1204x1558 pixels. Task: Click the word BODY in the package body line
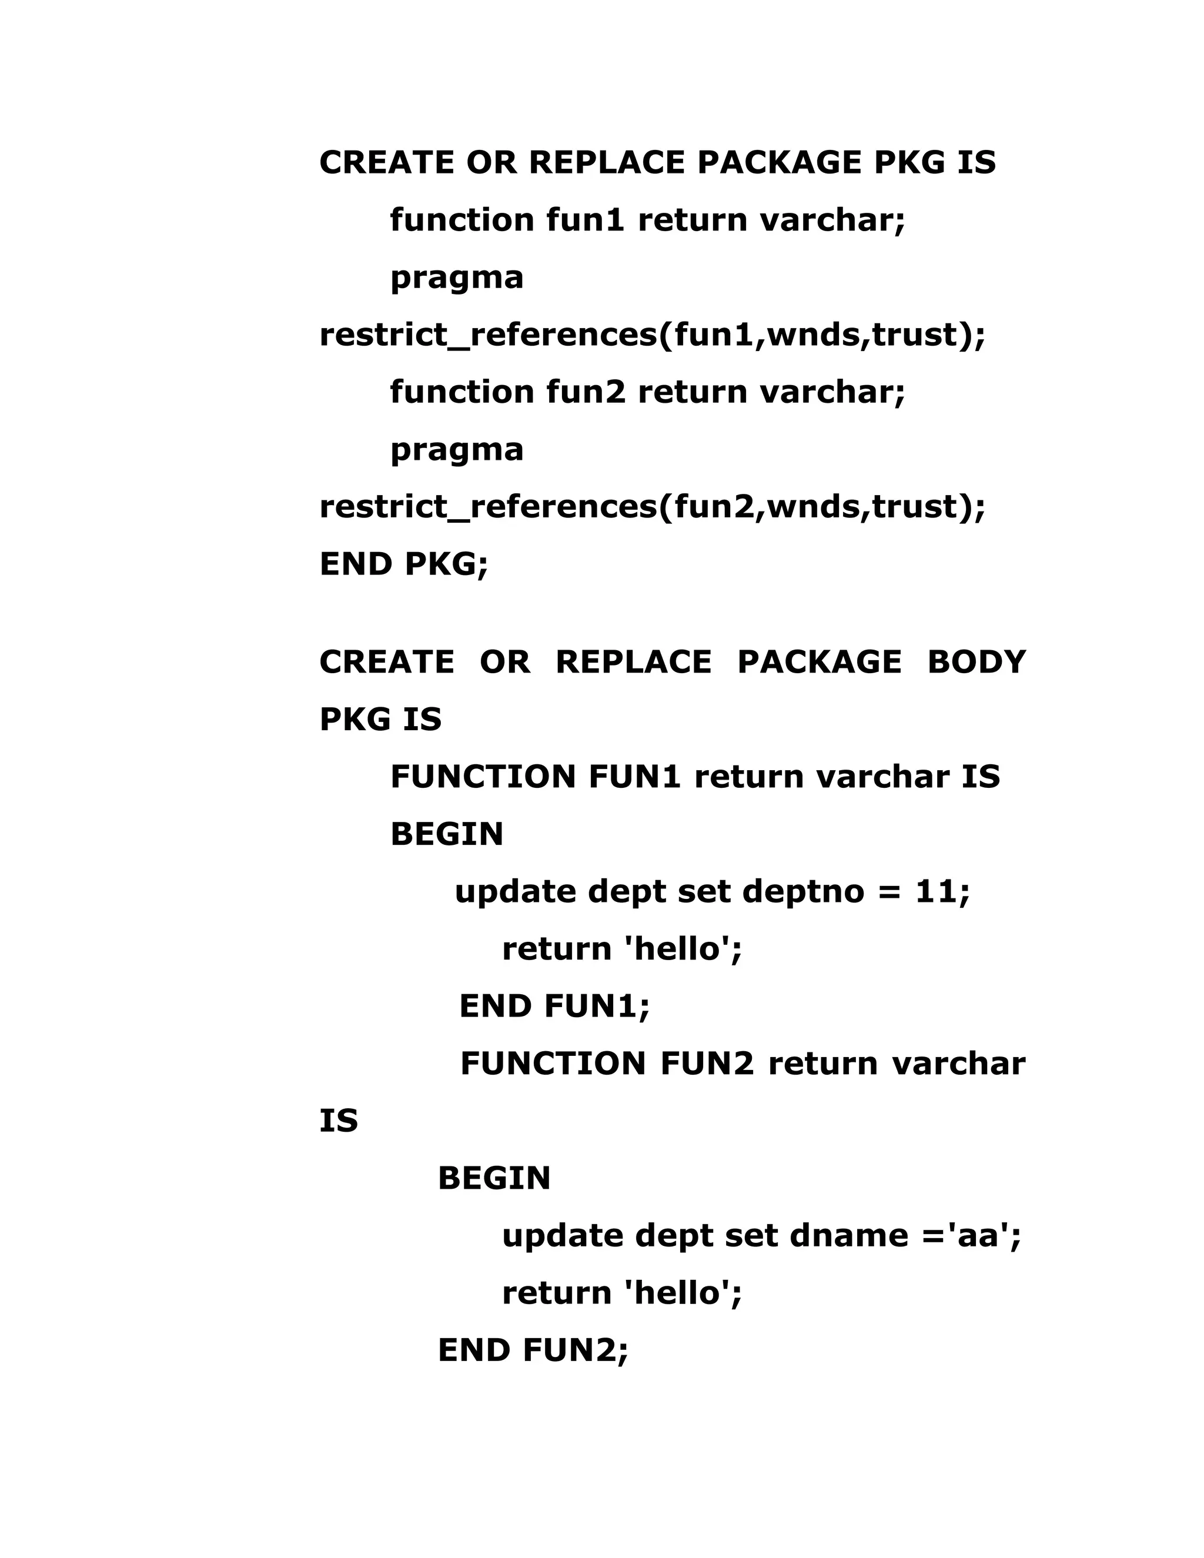[x=976, y=662]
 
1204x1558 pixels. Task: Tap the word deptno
[x=803, y=892]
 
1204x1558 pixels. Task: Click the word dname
[x=849, y=1236]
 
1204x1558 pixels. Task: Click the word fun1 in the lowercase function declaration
[x=585, y=220]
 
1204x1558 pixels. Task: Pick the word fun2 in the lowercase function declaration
[x=585, y=392]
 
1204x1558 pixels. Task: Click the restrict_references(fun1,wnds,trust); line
[x=652, y=335]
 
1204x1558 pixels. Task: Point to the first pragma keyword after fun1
[x=456, y=278]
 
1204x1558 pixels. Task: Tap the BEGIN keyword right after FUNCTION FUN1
[x=447, y=835]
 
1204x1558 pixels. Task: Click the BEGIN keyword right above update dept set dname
[x=494, y=1178]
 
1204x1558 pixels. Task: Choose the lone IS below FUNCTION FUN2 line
[x=338, y=1121]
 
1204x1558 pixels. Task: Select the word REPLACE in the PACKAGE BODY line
[x=633, y=662]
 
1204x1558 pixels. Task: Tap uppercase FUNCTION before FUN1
[x=483, y=777]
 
